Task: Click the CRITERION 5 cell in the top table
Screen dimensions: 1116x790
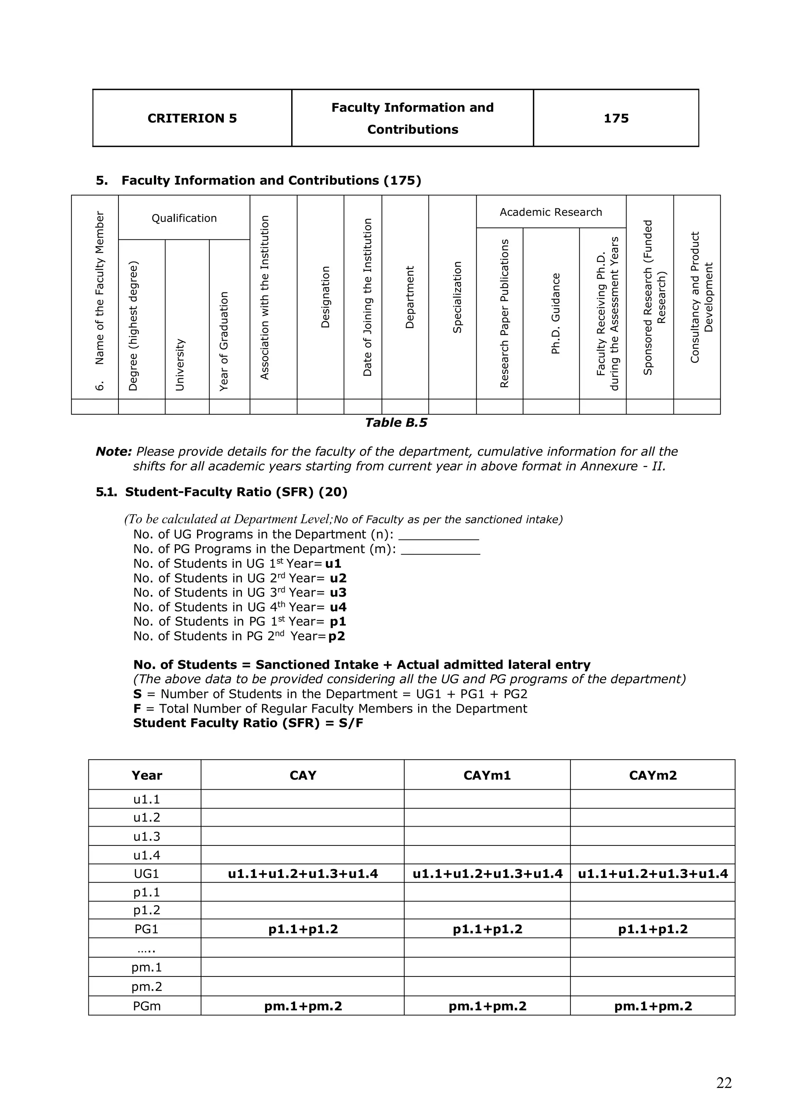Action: click(192, 118)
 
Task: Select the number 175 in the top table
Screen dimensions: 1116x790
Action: click(616, 118)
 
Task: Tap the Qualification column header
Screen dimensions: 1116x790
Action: click(184, 218)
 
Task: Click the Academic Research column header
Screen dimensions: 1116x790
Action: click(551, 212)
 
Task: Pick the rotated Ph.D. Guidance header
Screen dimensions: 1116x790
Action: click(555, 314)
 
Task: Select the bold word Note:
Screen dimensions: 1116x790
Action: click(113, 452)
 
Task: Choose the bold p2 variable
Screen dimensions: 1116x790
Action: click(337, 636)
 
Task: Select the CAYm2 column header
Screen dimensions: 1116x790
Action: click(652, 775)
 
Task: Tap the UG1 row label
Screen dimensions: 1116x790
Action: click(147, 874)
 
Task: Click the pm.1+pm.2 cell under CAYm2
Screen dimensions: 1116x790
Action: click(652, 1006)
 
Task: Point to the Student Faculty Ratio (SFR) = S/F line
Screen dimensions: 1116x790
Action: click(248, 723)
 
